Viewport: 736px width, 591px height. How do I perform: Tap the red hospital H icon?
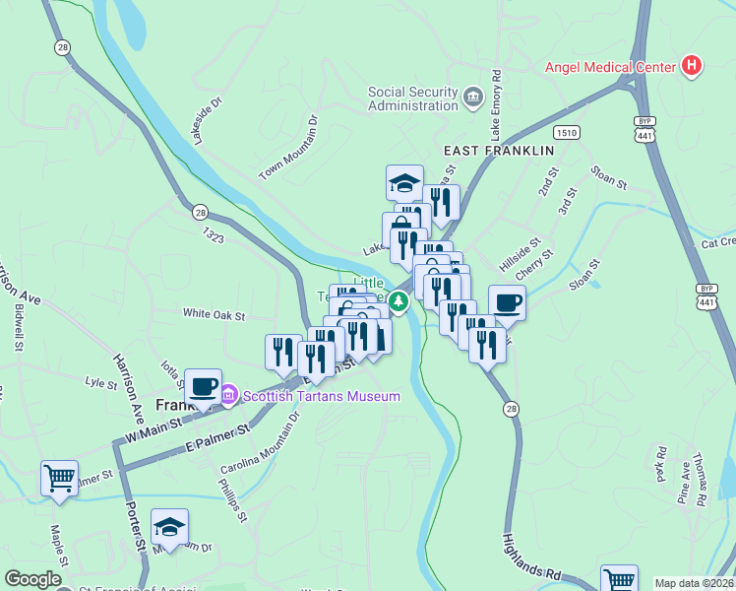click(x=693, y=66)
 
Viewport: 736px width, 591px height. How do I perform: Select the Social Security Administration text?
click(x=413, y=98)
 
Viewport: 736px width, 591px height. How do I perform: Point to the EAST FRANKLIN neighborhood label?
click(x=499, y=151)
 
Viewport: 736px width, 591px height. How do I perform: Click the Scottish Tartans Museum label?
click(x=322, y=396)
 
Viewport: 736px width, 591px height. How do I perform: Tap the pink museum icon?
click(x=229, y=395)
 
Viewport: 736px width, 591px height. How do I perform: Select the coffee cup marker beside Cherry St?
click(x=507, y=303)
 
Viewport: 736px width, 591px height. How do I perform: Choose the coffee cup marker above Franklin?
click(x=204, y=386)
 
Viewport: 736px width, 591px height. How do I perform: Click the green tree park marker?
click(x=399, y=301)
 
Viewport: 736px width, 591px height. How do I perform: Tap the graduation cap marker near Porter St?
click(x=169, y=527)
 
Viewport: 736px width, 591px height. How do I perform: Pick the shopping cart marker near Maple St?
click(x=59, y=479)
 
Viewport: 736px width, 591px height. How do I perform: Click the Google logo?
click(x=32, y=579)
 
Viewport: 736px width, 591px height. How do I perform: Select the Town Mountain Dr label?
click(x=289, y=149)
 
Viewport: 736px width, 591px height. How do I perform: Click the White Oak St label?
click(x=214, y=315)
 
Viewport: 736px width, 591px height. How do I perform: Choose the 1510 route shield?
click(x=566, y=132)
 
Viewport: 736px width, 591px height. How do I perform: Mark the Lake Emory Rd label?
click(x=497, y=104)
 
